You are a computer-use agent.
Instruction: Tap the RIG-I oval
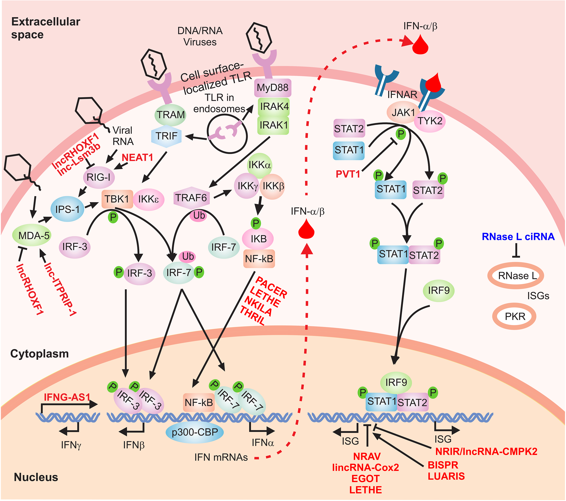(x=99, y=177)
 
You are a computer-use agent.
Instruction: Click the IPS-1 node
(x=67, y=209)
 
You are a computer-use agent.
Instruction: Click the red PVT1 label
(x=348, y=174)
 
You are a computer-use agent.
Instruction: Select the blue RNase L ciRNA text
(x=518, y=237)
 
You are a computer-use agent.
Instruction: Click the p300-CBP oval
(x=195, y=432)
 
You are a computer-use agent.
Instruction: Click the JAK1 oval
(x=403, y=112)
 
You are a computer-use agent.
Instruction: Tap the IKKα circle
(x=259, y=165)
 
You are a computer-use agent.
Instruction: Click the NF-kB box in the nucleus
(x=199, y=402)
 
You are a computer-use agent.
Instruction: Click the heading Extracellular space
(x=46, y=28)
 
